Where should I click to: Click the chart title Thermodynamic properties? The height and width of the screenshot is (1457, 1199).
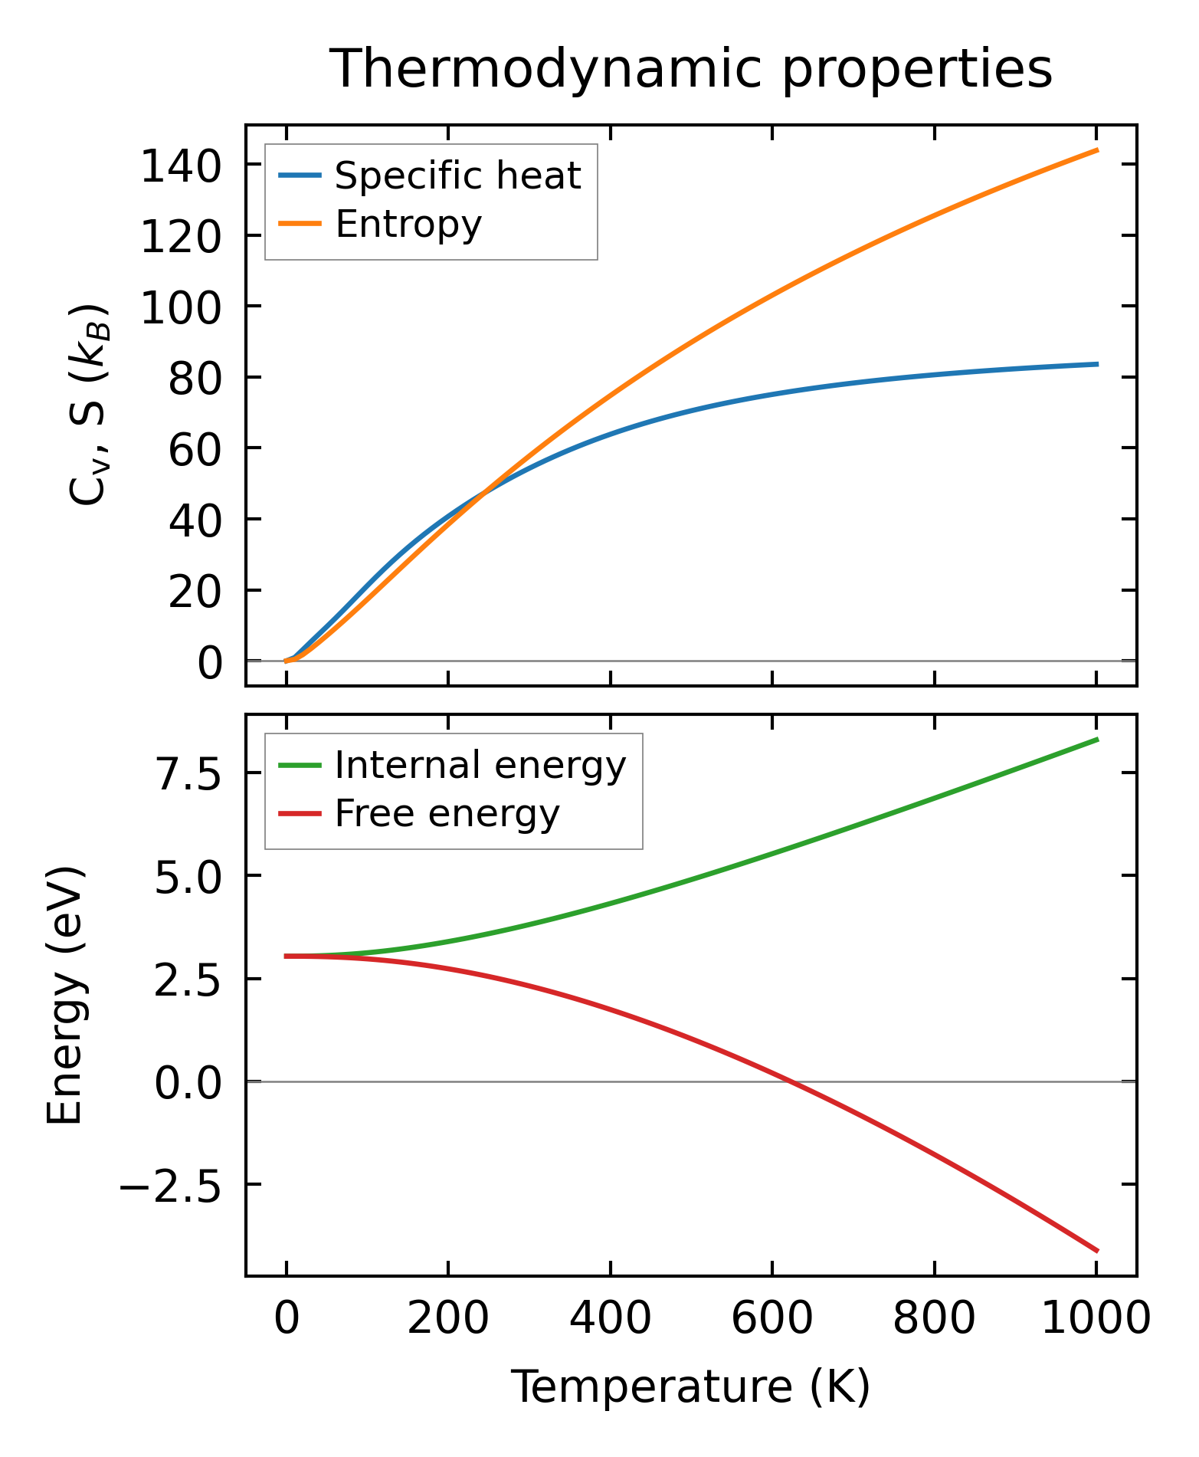690,69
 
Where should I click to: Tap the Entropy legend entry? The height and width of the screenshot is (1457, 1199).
408,225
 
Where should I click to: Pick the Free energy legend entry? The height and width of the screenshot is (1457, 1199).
447,814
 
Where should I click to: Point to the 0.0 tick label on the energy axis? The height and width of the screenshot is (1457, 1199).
188,1082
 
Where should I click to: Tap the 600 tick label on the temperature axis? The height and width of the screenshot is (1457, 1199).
772,1320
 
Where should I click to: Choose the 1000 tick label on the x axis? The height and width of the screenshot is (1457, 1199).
1096,1320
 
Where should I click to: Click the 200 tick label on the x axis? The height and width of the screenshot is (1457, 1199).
448,1320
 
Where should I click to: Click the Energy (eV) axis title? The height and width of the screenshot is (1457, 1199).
64,995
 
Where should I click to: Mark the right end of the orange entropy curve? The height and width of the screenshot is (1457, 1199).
1097,150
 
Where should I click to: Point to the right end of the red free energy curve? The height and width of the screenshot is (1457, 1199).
1097,1251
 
